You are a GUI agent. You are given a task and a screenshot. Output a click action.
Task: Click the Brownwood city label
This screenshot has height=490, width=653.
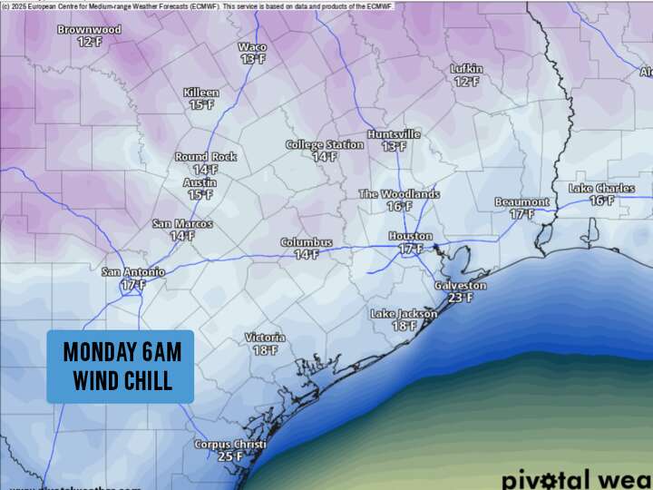pyautogui.click(x=89, y=30)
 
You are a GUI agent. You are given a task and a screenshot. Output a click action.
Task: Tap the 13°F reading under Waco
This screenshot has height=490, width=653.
pyautogui.click(x=253, y=59)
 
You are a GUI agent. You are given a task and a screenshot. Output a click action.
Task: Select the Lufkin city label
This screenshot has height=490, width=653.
pyautogui.click(x=466, y=69)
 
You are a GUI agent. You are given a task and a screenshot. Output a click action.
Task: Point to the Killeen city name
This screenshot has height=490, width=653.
pyautogui.click(x=201, y=93)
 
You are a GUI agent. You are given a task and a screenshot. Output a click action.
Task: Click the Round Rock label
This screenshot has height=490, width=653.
pyautogui.click(x=206, y=157)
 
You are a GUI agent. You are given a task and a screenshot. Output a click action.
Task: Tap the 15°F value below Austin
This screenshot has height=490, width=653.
pyautogui.click(x=200, y=194)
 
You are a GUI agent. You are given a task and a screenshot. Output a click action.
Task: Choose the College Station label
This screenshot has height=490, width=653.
pyautogui.click(x=325, y=145)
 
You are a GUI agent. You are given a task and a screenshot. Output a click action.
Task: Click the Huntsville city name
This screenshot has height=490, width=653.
pyautogui.click(x=394, y=134)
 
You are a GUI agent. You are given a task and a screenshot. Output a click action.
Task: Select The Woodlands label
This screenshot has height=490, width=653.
pyautogui.click(x=399, y=194)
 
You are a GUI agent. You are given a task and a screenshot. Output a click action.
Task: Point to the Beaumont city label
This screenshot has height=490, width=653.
pyautogui.click(x=521, y=201)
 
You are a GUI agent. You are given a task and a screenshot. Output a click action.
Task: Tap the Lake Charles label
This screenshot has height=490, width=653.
pyautogui.click(x=601, y=188)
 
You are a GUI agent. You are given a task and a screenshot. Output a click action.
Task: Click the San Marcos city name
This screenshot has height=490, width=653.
pyautogui.click(x=182, y=224)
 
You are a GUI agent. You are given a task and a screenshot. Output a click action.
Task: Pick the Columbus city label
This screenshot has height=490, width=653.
pyautogui.click(x=306, y=243)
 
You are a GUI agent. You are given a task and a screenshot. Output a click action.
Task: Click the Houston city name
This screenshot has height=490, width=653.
pyautogui.click(x=410, y=236)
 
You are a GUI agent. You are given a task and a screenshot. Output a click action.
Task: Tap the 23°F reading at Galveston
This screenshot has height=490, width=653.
pyautogui.click(x=461, y=298)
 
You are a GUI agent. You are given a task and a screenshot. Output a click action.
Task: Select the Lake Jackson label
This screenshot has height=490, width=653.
pyautogui.click(x=404, y=314)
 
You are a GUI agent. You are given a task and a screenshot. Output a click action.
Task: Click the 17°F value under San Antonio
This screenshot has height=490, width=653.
pyautogui.click(x=132, y=285)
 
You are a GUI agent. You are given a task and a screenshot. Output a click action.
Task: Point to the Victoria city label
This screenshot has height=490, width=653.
pyautogui.click(x=265, y=338)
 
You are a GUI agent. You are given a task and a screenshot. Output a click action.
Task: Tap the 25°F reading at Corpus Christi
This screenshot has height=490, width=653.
pyautogui.click(x=230, y=456)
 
